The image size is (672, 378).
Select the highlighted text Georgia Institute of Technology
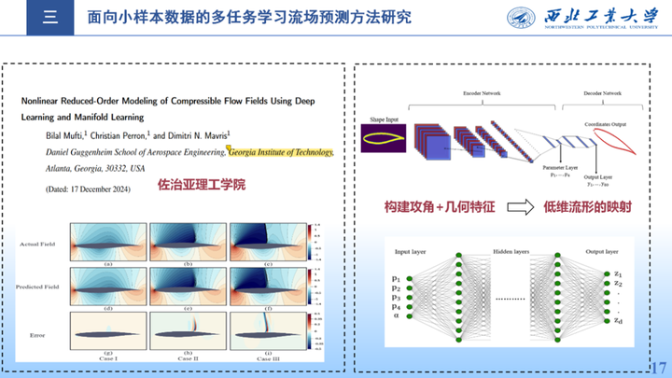pyautogui.click(x=279, y=149)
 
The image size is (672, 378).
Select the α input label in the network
pyautogui.click(x=397, y=316)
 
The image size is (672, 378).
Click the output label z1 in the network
pyautogui.click(x=618, y=272)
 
